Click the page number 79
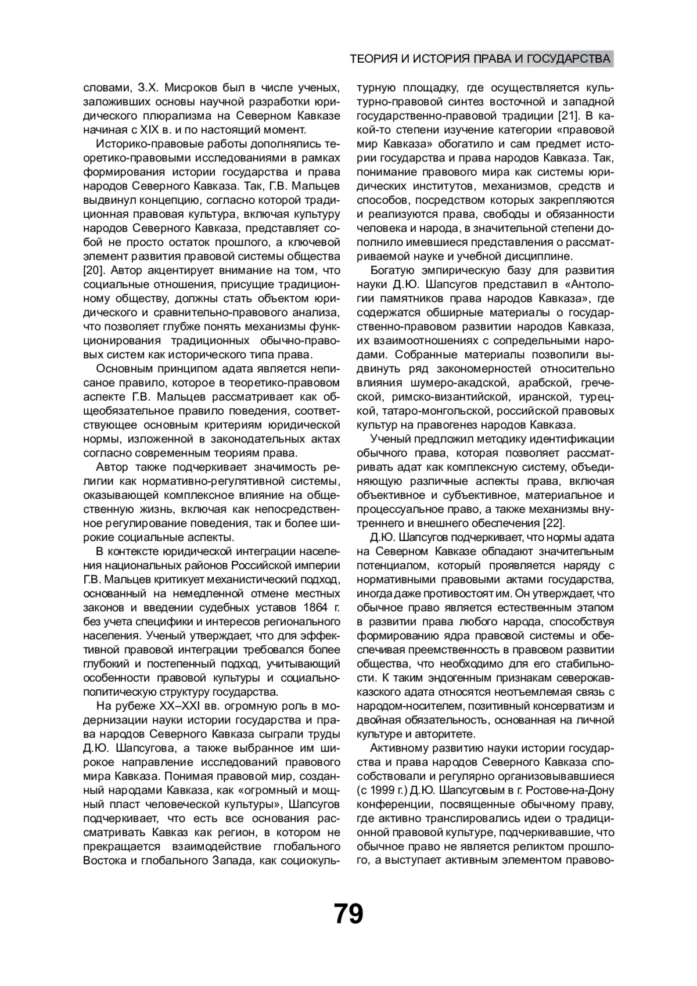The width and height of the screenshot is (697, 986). [x=348, y=913]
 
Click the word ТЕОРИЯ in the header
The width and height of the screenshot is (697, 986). [x=373, y=59]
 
